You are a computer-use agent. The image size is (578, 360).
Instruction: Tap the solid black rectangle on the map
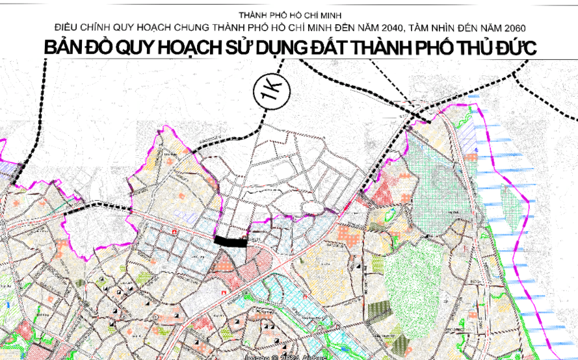point(230,242)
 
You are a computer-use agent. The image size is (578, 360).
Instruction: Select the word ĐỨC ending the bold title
point(513,49)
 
